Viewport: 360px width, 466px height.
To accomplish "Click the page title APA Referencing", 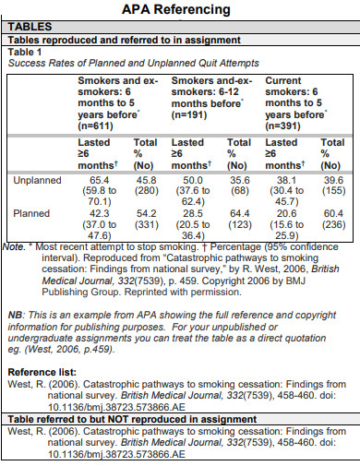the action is tap(179, 10).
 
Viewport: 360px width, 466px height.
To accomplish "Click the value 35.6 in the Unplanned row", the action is tap(239, 179).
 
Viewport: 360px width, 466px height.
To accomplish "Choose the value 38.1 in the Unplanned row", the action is tap(281, 179).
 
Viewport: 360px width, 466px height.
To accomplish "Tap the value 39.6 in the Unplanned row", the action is tap(332, 179).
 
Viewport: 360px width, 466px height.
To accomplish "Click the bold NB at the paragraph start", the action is tap(15, 314).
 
